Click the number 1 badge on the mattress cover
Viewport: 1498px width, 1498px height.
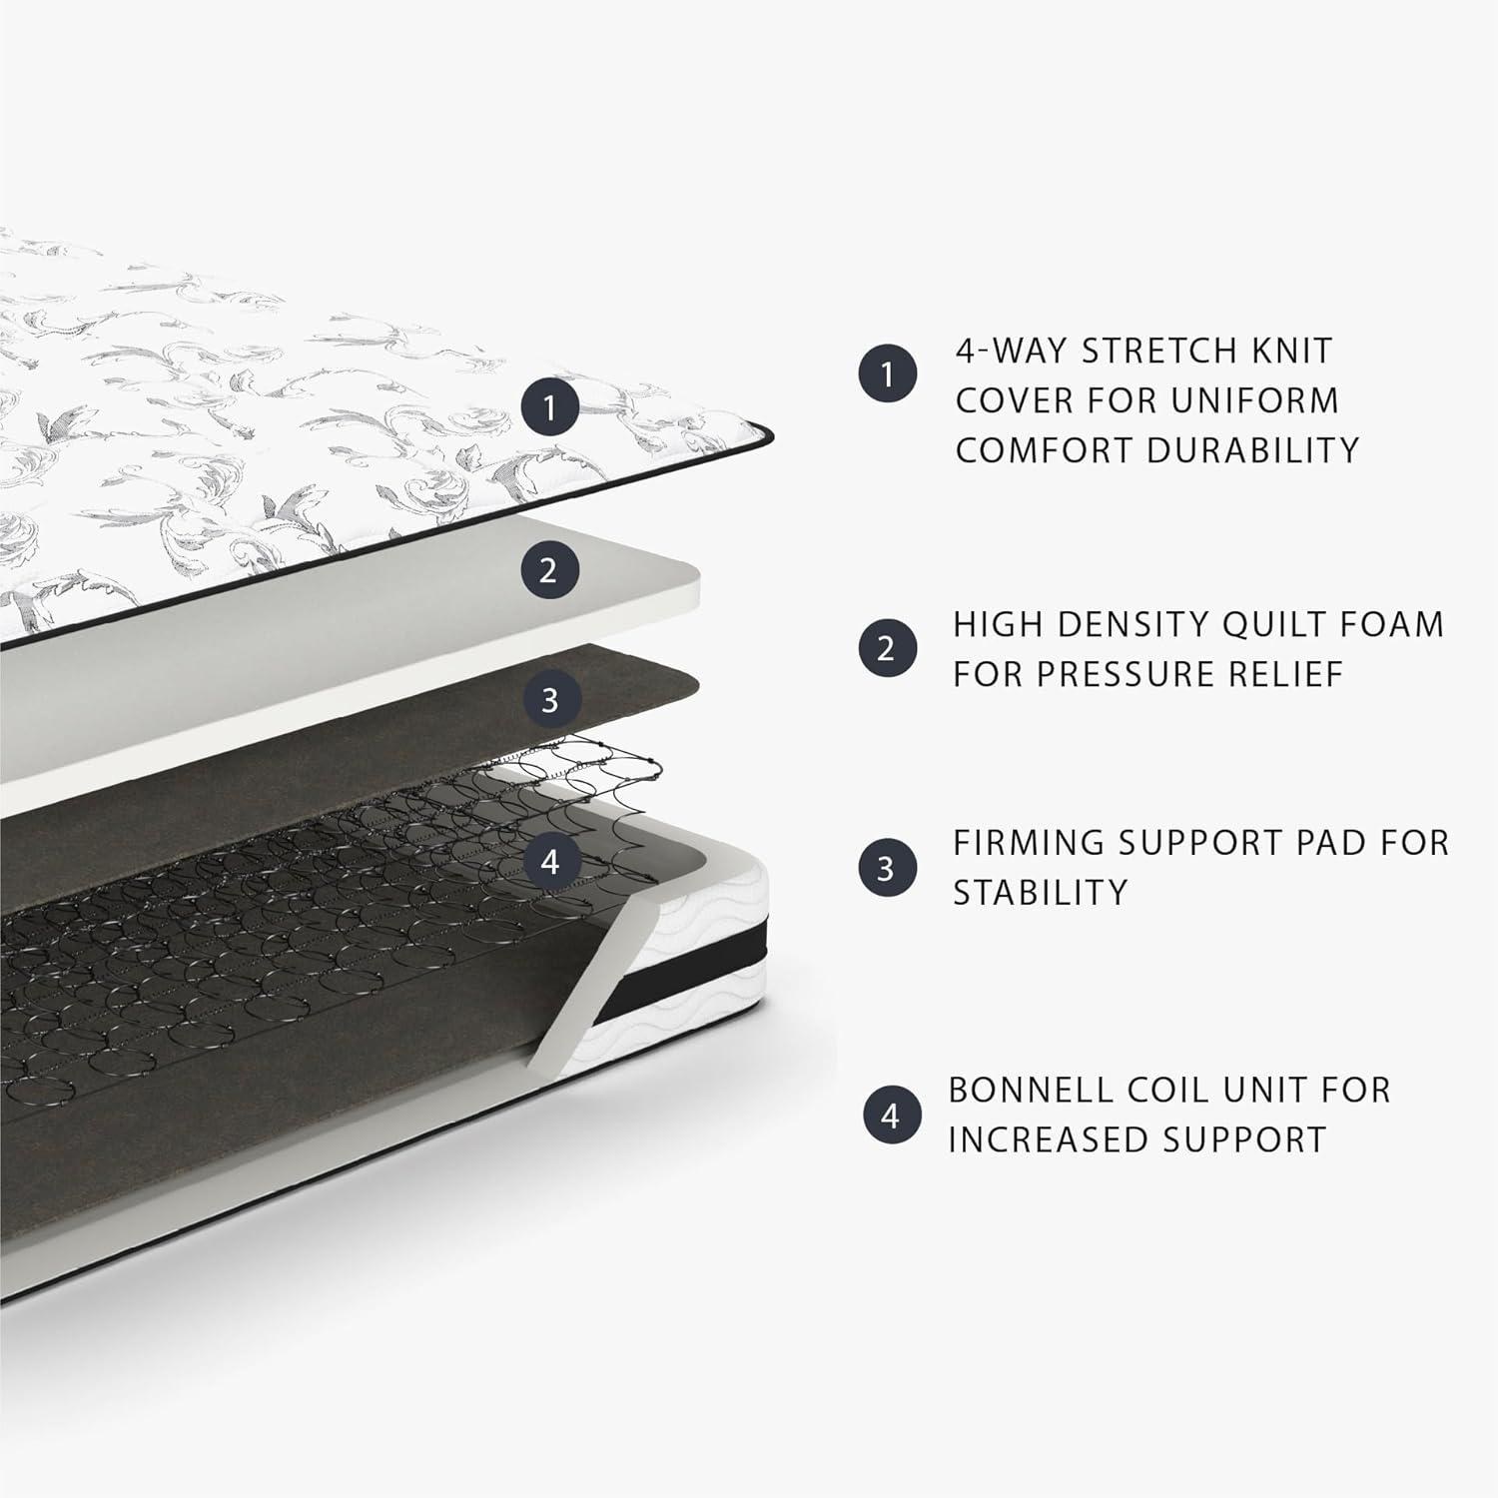point(549,406)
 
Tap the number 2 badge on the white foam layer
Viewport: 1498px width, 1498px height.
point(547,570)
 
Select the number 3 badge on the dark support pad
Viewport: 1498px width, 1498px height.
point(549,700)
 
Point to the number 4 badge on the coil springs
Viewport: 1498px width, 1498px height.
point(550,861)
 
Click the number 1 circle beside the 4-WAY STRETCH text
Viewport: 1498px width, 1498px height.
point(887,374)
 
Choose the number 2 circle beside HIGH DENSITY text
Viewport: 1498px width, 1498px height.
point(887,648)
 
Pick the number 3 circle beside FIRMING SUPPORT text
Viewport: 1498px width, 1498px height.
point(886,868)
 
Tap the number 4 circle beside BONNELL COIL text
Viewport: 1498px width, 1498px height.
point(891,1116)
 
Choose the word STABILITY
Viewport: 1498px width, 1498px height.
point(1040,892)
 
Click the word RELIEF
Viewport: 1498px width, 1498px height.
point(1286,674)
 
